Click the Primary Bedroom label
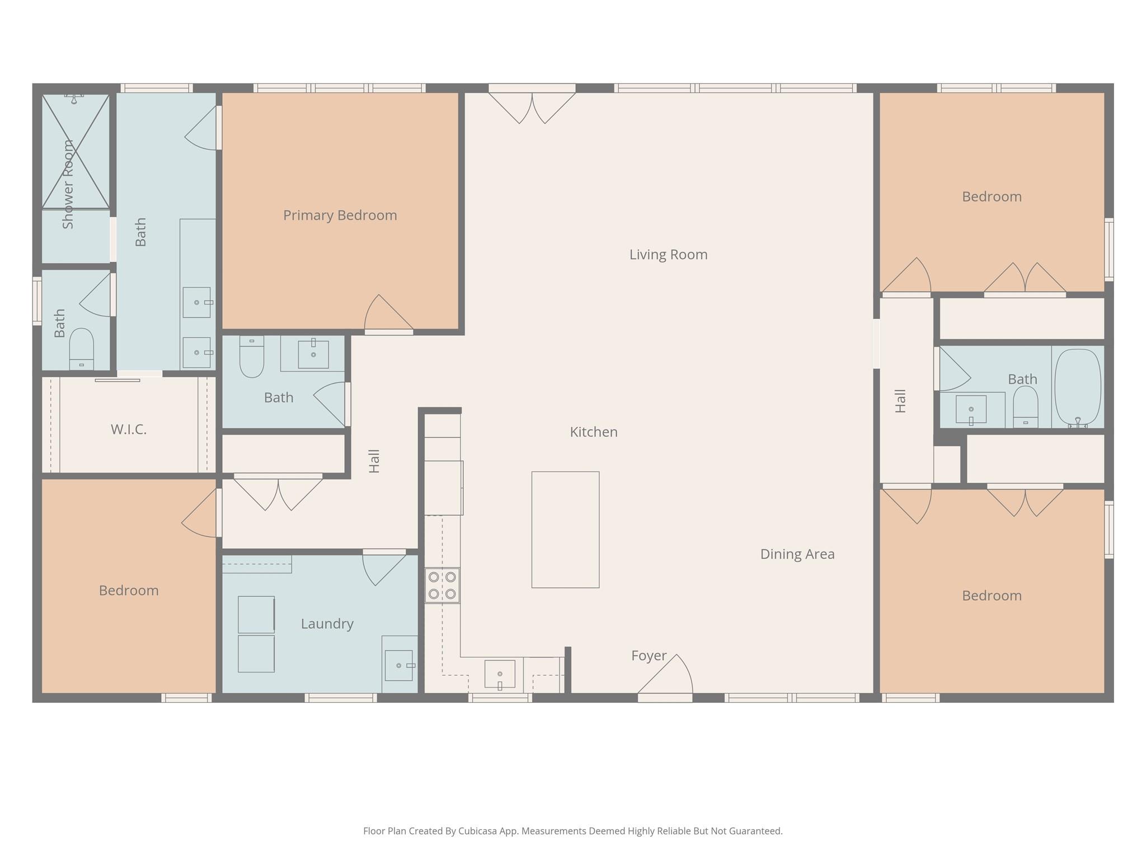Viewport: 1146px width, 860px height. pyautogui.click(x=340, y=216)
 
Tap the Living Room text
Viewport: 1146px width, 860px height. pyautogui.click(x=668, y=255)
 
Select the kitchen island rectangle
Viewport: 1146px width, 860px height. pyautogui.click(x=565, y=530)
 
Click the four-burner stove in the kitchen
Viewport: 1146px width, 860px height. pyautogui.click(x=442, y=586)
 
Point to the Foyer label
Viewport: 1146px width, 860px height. pyautogui.click(x=649, y=656)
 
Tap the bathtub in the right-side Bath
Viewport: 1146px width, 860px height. pyautogui.click(x=1078, y=387)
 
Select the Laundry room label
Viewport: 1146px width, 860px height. pyautogui.click(x=327, y=624)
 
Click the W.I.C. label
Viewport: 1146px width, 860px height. pyautogui.click(x=129, y=429)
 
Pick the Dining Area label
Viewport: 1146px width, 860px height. pyautogui.click(x=797, y=554)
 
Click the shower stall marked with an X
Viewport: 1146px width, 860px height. pyautogui.click(x=76, y=151)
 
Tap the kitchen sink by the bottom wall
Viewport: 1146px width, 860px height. pyautogui.click(x=500, y=676)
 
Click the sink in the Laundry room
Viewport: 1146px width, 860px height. pyautogui.click(x=399, y=665)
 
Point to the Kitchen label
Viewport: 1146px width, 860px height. pyautogui.click(x=594, y=432)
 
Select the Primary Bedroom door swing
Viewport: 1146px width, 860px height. pyautogui.click(x=389, y=314)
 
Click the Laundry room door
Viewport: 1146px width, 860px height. pyautogui.click(x=384, y=567)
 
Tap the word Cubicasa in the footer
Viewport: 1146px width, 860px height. pyautogui.click(x=478, y=831)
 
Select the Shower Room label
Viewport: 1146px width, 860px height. pyautogui.click(x=68, y=184)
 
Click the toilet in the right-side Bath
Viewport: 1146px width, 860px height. pyautogui.click(x=1026, y=407)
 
